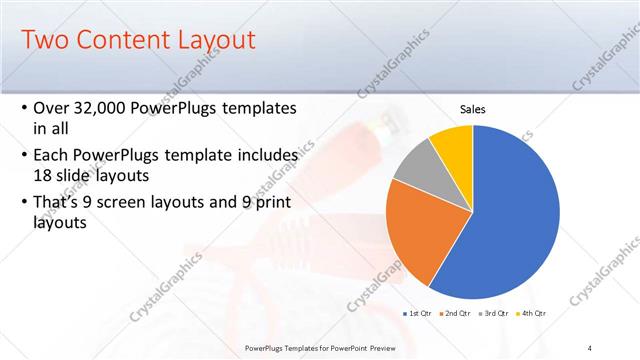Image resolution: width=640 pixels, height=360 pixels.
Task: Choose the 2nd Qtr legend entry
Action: (457, 314)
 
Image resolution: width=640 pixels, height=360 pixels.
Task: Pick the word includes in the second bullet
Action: (264, 155)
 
